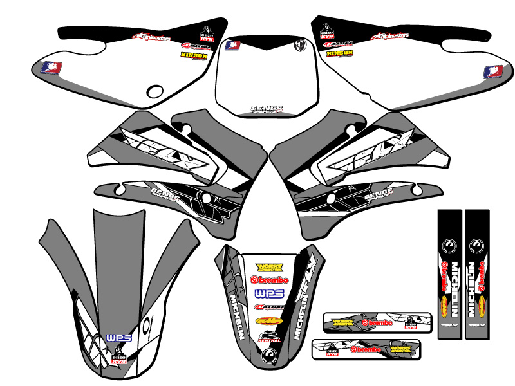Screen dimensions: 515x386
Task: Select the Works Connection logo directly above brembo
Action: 269,267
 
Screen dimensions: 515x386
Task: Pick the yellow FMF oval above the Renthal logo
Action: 269,319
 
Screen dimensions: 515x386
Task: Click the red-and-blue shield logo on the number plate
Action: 231,46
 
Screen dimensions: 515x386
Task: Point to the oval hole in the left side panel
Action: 156,91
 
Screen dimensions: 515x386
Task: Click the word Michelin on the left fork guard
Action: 454,289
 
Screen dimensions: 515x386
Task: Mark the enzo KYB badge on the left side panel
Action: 207,33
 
